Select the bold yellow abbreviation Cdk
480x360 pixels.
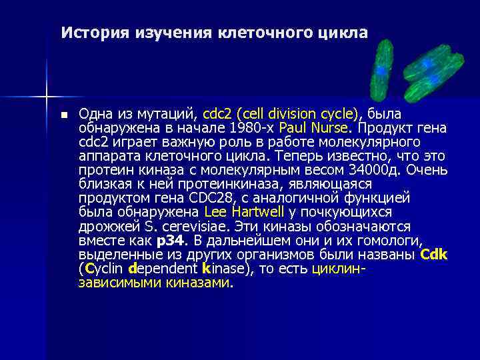[x=434, y=255]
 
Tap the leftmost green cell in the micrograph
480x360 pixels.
[x=382, y=68]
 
